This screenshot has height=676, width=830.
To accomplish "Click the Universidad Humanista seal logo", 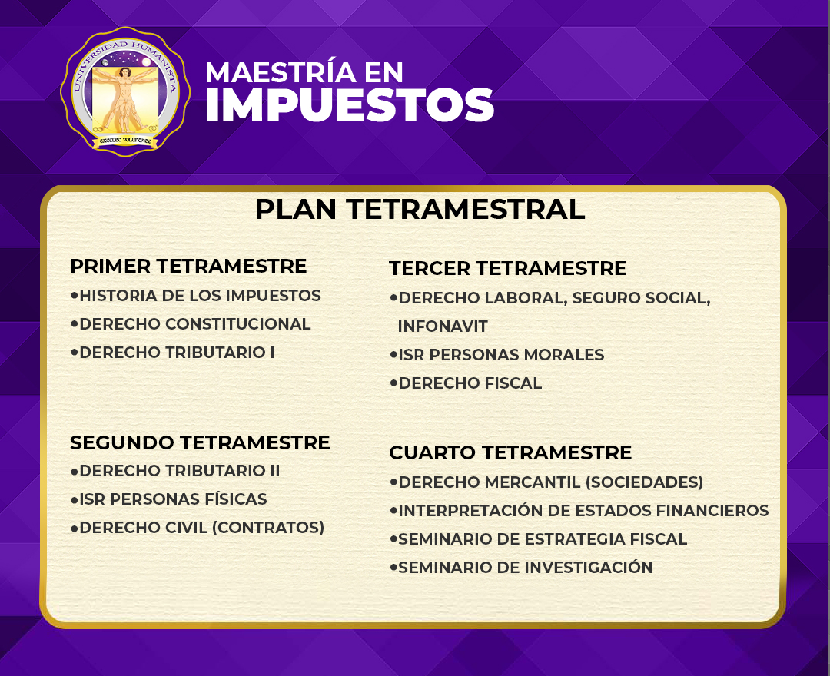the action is click(125, 91).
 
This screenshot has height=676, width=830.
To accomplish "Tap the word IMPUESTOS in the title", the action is click(350, 104).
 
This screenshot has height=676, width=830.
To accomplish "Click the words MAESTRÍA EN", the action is click(304, 72).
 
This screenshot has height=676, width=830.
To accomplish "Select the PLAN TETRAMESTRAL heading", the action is click(420, 209).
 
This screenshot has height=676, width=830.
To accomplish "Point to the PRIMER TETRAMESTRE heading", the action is click(188, 266).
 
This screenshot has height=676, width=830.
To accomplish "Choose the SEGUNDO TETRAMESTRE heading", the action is click(200, 442).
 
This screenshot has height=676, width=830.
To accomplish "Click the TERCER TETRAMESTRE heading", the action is click(508, 268).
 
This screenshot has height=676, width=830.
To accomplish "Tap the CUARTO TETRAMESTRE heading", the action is click(510, 452).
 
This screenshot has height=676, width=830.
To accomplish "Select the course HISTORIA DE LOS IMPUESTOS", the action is click(200, 295).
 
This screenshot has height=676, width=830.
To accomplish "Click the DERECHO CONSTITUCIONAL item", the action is click(194, 323).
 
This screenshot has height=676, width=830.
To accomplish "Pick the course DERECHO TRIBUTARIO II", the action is click(179, 470).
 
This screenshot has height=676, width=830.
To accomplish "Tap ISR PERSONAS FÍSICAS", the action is click(173, 499).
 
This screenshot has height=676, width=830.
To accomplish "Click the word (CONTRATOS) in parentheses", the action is click(268, 528).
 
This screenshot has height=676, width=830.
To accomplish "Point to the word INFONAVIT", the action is click(443, 326).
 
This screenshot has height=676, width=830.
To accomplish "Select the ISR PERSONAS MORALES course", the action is click(501, 354).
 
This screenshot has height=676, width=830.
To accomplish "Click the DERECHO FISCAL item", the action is click(470, 383).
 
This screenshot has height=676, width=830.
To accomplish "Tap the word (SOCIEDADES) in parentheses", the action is click(644, 482).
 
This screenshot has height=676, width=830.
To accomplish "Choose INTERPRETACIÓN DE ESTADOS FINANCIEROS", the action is click(583, 510).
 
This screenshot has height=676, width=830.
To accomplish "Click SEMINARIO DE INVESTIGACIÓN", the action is click(525, 567).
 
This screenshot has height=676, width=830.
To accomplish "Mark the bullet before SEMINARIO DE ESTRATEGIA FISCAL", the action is click(393, 538).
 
